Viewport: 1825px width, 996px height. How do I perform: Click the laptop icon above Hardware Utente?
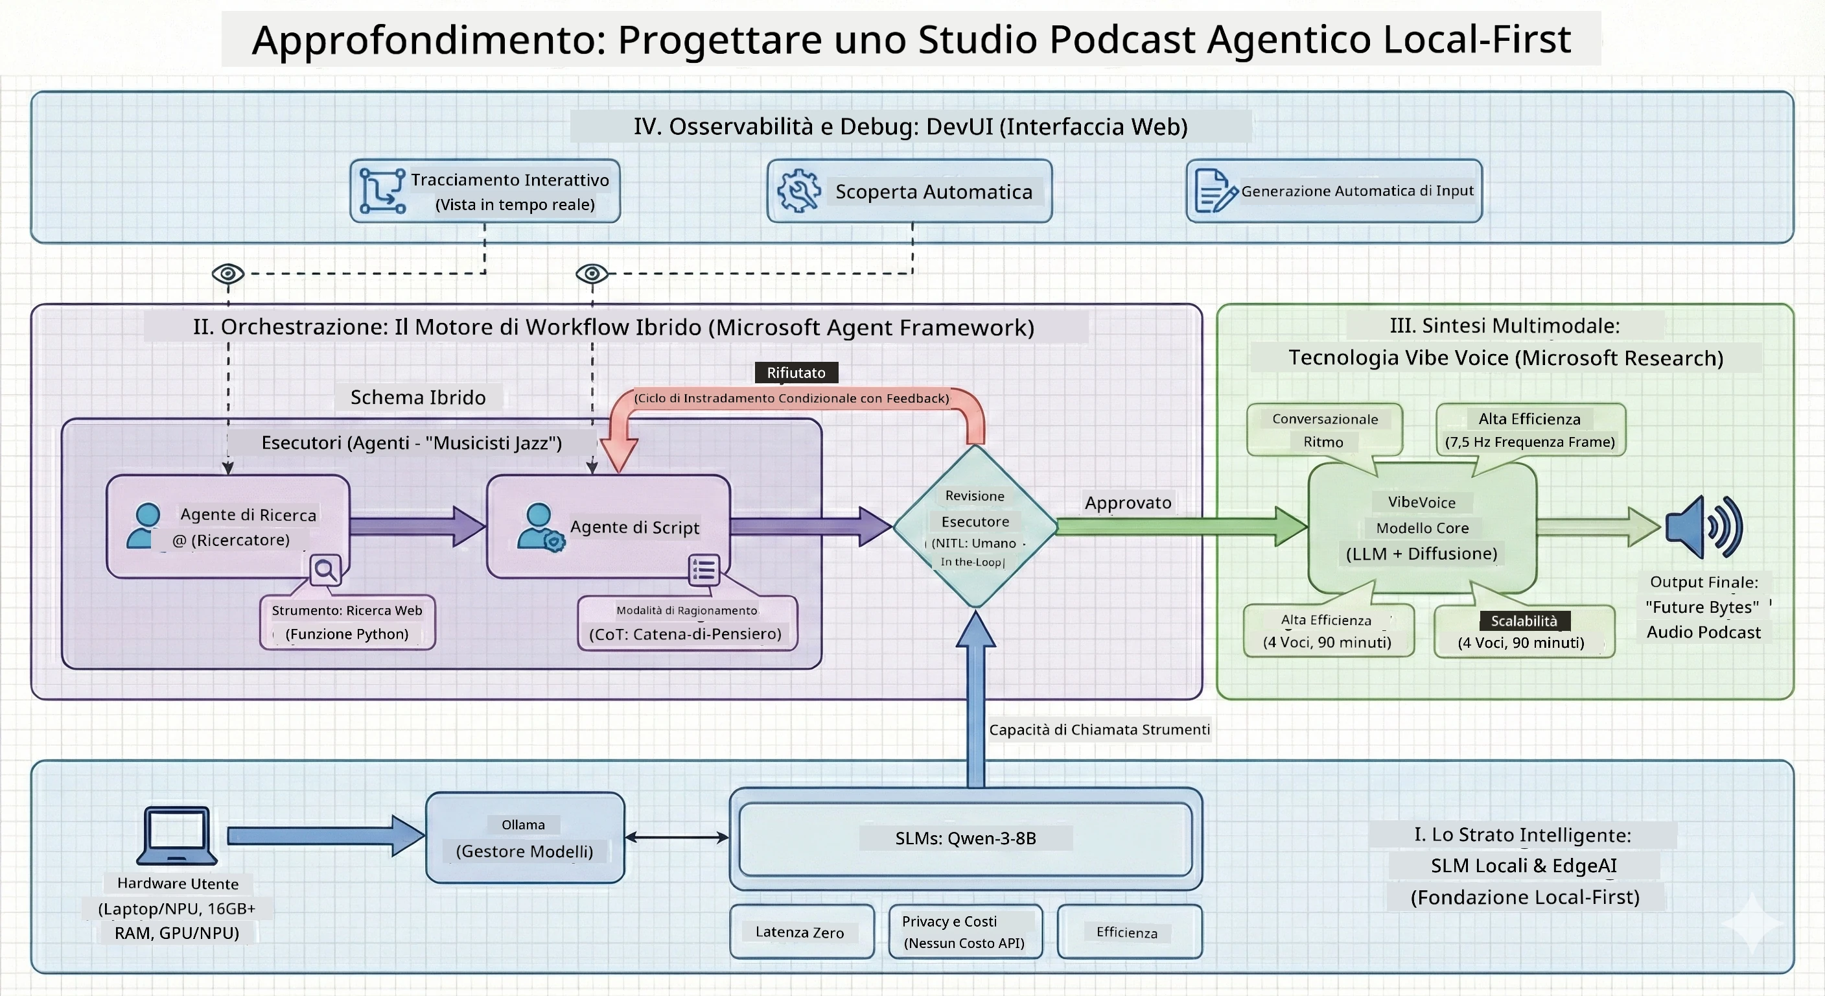click(177, 835)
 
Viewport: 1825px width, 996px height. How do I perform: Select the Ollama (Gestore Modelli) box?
click(525, 838)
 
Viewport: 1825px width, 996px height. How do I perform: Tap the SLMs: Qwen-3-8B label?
click(966, 838)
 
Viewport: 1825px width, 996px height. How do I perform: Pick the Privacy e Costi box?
click(966, 932)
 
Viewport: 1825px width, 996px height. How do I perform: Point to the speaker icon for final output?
click(1704, 527)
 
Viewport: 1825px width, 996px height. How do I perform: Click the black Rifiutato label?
click(796, 372)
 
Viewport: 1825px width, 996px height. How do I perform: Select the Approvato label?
click(1128, 503)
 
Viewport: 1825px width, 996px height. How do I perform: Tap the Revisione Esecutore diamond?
click(975, 526)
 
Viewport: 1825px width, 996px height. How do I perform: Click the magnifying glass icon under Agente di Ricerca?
click(326, 569)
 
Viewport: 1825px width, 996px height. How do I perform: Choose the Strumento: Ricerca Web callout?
click(347, 622)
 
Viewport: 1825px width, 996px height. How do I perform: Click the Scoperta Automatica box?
click(910, 191)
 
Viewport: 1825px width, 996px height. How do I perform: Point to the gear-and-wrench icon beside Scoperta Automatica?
click(799, 191)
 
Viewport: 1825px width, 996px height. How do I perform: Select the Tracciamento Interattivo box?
click(485, 191)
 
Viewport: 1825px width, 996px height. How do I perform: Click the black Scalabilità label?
click(1524, 621)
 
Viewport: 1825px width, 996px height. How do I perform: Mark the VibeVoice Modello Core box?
click(1423, 527)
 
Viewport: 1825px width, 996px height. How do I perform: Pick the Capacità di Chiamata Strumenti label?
click(1100, 729)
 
